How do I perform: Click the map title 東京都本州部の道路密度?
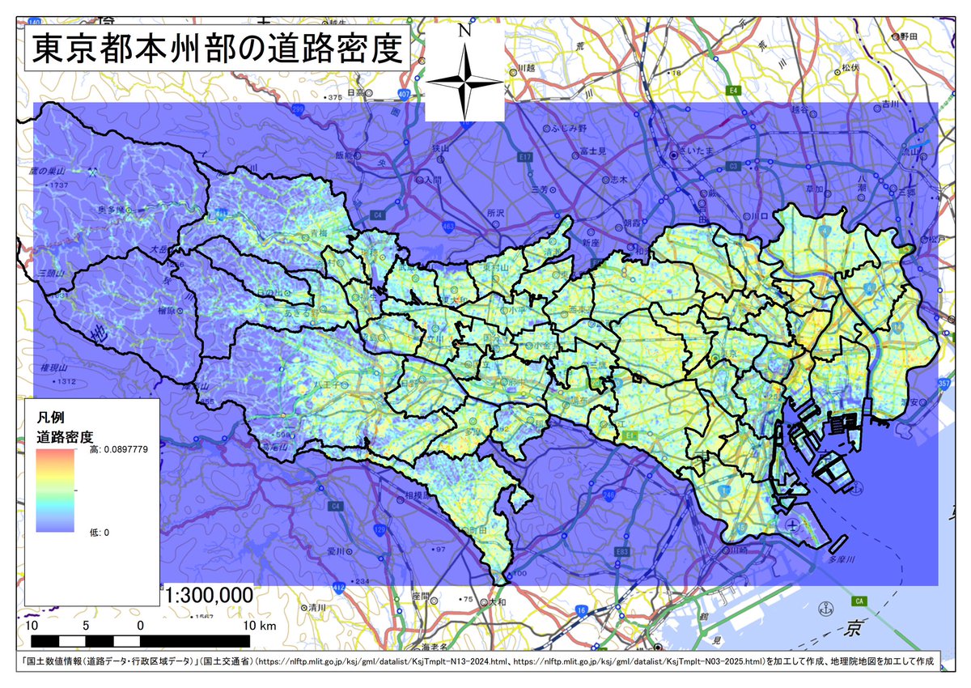(x=216, y=50)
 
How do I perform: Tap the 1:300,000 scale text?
(x=210, y=596)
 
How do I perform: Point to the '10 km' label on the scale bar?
(x=258, y=626)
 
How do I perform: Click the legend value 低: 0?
(x=100, y=532)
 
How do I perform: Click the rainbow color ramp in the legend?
(x=56, y=491)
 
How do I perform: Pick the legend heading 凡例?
(x=49, y=418)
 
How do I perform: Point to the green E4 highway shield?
(x=734, y=89)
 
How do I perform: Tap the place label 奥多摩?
(x=113, y=210)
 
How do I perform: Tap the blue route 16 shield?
(x=580, y=609)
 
